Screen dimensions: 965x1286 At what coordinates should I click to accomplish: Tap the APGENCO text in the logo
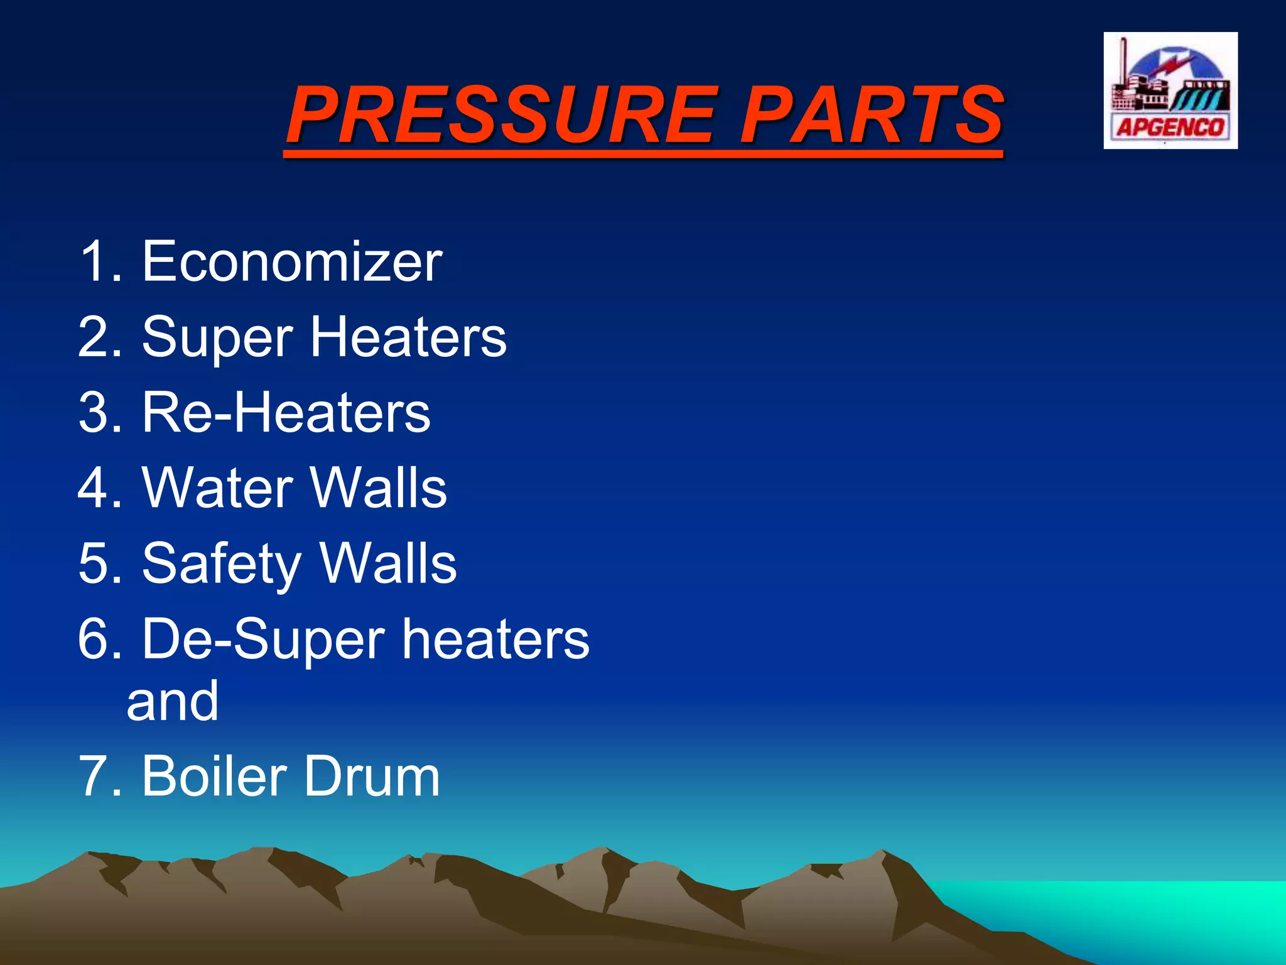[1170, 128]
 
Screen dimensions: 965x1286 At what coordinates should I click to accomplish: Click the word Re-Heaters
[286, 413]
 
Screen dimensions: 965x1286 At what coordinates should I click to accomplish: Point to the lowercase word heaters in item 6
[495, 640]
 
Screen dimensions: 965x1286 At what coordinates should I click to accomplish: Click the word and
[173, 702]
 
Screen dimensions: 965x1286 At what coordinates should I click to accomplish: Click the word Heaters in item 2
[408, 337]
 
